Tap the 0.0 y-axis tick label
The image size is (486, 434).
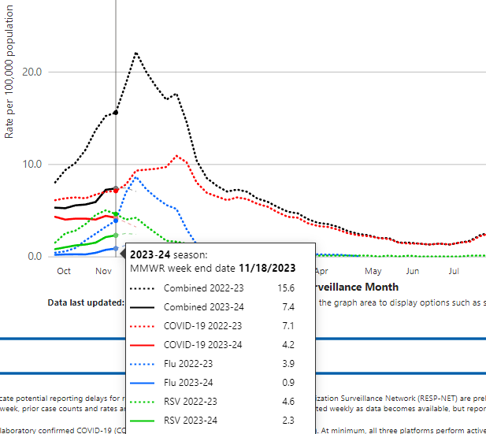35,257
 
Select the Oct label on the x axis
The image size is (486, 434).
64,271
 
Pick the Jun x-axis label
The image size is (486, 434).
412,271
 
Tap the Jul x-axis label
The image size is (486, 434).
454,271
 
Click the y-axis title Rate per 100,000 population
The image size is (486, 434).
9,79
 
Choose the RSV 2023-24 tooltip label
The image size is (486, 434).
191,420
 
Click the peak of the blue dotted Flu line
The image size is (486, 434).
135,177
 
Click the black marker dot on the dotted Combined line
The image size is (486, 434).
116,112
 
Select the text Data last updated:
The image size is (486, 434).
85,302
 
